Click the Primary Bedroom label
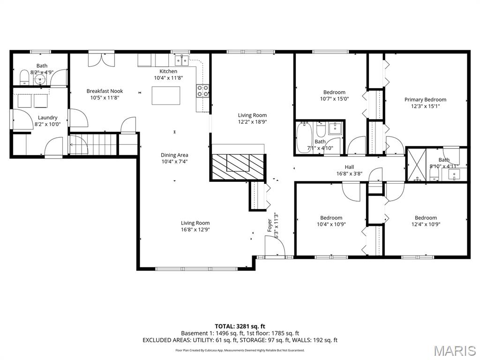[x=425, y=99]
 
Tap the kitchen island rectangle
[x=165, y=95]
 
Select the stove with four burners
[x=202, y=91]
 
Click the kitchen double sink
[x=182, y=60]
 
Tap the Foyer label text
[x=270, y=225]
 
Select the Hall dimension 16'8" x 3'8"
[x=349, y=173]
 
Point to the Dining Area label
[x=175, y=155]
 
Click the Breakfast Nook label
[x=105, y=91]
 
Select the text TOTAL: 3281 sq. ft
[x=240, y=326]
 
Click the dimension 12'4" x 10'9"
[x=426, y=224]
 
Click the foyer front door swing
[x=275, y=246]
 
